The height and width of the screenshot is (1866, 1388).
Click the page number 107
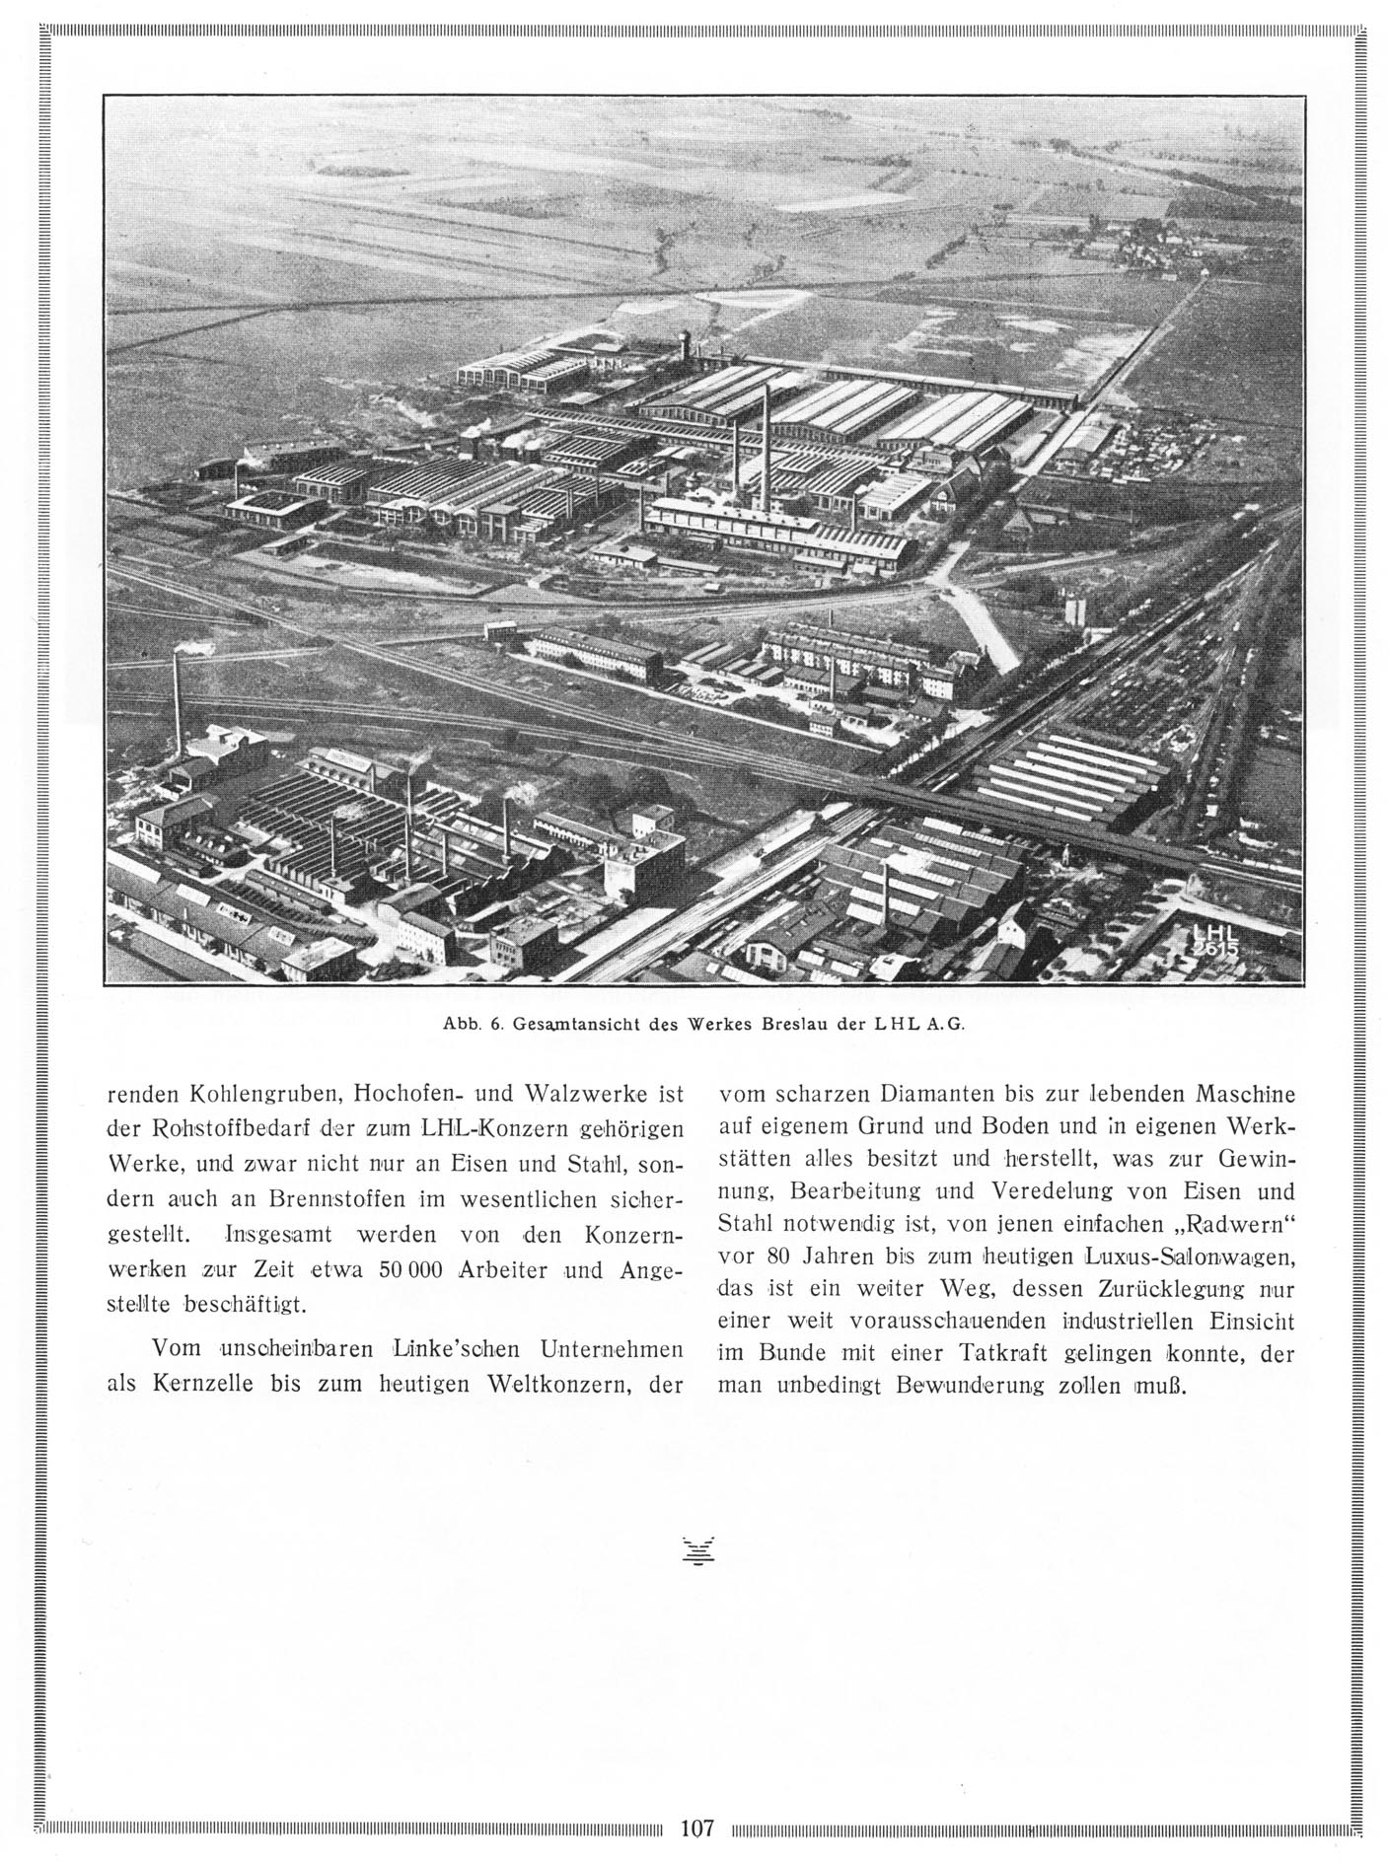point(696,1828)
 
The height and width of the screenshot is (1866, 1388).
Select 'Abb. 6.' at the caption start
point(475,1023)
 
